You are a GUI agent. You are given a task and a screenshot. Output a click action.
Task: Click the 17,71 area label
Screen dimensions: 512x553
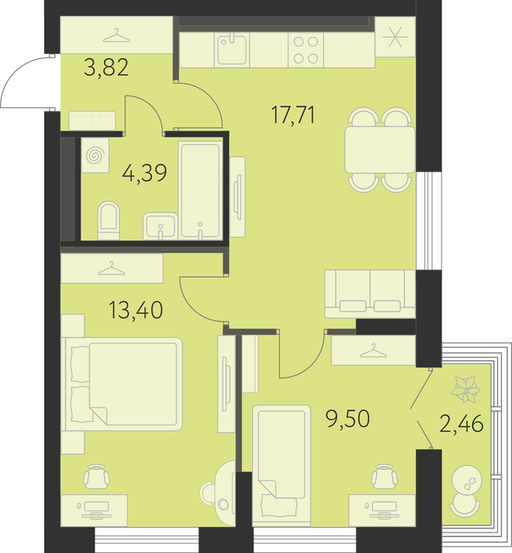pyautogui.click(x=293, y=115)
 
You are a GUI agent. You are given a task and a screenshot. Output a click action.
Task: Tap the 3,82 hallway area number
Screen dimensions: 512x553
pyautogui.click(x=107, y=68)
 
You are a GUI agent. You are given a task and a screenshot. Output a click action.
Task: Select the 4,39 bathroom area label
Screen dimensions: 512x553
pyautogui.click(x=145, y=173)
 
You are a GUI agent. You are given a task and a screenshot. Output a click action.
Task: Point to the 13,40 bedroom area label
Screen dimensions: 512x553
pyautogui.click(x=136, y=310)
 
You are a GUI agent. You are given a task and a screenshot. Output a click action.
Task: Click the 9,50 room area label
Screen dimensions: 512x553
pyautogui.click(x=348, y=419)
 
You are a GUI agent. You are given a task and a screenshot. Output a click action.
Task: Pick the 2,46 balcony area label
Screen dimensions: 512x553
pyautogui.click(x=461, y=423)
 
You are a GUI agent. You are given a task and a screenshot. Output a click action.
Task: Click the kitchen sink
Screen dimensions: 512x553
pyautogui.click(x=232, y=50)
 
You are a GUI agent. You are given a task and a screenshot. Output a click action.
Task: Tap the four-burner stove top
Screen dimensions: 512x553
pyautogui.click(x=306, y=50)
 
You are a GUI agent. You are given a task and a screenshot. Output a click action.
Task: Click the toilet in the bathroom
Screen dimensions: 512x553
pyautogui.click(x=108, y=220)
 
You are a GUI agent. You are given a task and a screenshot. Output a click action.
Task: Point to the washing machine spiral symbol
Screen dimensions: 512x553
pyautogui.click(x=95, y=155)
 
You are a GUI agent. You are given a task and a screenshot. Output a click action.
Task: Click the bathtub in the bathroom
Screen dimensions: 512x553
pyautogui.click(x=201, y=190)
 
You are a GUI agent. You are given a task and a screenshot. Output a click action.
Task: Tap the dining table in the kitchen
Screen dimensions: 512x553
pyautogui.click(x=380, y=150)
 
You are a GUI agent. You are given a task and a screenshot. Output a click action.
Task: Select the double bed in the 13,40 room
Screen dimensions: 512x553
pyautogui.click(x=122, y=384)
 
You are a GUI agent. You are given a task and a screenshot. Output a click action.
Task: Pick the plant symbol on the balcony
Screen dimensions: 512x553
pyautogui.click(x=466, y=389)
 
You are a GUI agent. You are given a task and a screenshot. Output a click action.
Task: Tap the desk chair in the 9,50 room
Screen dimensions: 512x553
pyautogui.click(x=384, y=476)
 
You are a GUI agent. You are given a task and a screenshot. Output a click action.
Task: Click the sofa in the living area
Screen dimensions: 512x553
pyautogui.click(x=370, y=294)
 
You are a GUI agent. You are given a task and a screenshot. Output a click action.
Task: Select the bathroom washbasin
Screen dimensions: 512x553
pyautogui.click(x=160, y=226)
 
